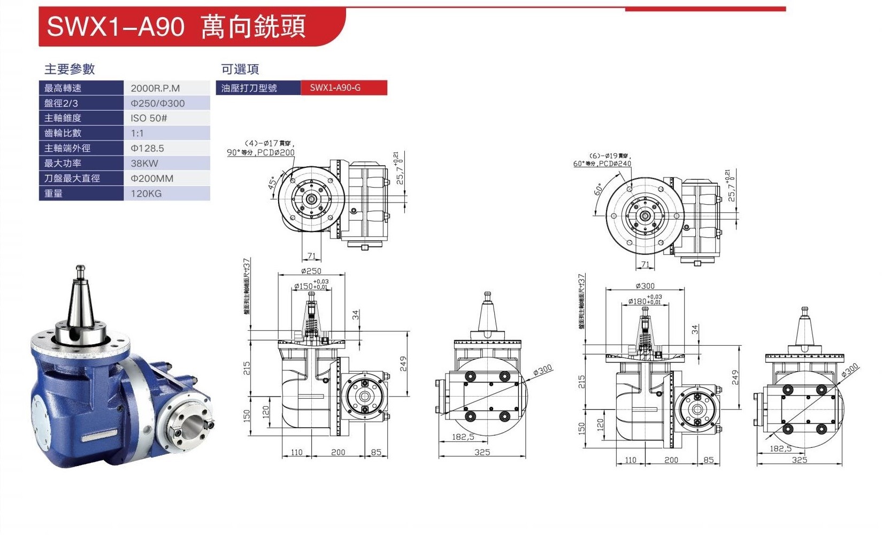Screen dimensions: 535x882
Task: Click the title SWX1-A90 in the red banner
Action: point(116,26)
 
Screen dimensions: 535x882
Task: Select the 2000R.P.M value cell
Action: point(155,88)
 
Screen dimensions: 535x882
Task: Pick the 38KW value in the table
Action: point(144,164)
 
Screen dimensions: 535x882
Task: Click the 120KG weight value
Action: point(146,193)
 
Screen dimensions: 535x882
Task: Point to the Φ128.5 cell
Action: point(147,149)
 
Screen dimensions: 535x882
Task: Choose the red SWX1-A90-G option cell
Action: point(335,88)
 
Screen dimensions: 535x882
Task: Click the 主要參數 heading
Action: point(70,69)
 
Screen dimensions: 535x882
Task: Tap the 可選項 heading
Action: point(240,69)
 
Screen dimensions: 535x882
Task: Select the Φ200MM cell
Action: point(152,179)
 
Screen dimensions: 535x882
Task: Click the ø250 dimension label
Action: point(311,272)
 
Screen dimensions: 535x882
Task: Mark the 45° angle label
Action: point(273,183)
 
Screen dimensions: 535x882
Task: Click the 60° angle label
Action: point(599,190)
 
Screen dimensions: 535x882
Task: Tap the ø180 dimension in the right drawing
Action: point(638,301)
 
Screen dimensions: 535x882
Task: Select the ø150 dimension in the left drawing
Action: point(303,286)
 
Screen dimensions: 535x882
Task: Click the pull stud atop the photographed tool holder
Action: point(80,269)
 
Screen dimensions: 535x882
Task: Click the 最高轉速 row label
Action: point(63,88)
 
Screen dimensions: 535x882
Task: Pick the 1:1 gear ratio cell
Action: point(137,134)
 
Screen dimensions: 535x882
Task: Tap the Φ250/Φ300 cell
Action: point(158,103)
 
